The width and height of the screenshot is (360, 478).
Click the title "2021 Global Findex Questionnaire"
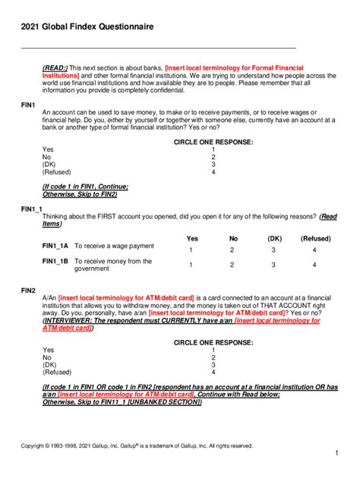[x=87, y=27]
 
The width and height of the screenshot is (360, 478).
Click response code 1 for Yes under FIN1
[x=213, y=149]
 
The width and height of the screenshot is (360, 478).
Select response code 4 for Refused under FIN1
[x=213, y=172]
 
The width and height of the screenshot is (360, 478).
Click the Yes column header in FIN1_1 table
[x=192, y=238]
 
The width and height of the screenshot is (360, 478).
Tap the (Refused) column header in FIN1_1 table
[x=314, y=238]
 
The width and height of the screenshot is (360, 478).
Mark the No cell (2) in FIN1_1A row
[x=233, y=250]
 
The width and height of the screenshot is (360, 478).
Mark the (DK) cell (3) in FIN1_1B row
[x=273, y=266]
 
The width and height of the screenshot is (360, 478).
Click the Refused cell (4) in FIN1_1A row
[x=314, y=250]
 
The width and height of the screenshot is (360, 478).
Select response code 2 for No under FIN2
[x=213, y=357]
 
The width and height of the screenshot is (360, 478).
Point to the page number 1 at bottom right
[x=336, y=453]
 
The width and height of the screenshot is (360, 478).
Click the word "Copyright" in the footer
[x=34, y=446]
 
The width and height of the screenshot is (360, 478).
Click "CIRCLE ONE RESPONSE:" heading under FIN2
[x=213, y=341]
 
